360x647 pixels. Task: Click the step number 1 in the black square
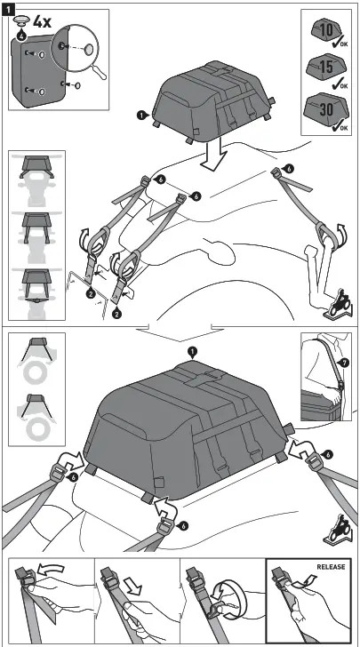click(x=8, y=8)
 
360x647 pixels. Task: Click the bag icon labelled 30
click(x=322, y=109)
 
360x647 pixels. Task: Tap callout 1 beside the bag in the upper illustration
click(x=140, y=115)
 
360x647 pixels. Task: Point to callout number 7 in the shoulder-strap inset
click(x=345, y=362)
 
